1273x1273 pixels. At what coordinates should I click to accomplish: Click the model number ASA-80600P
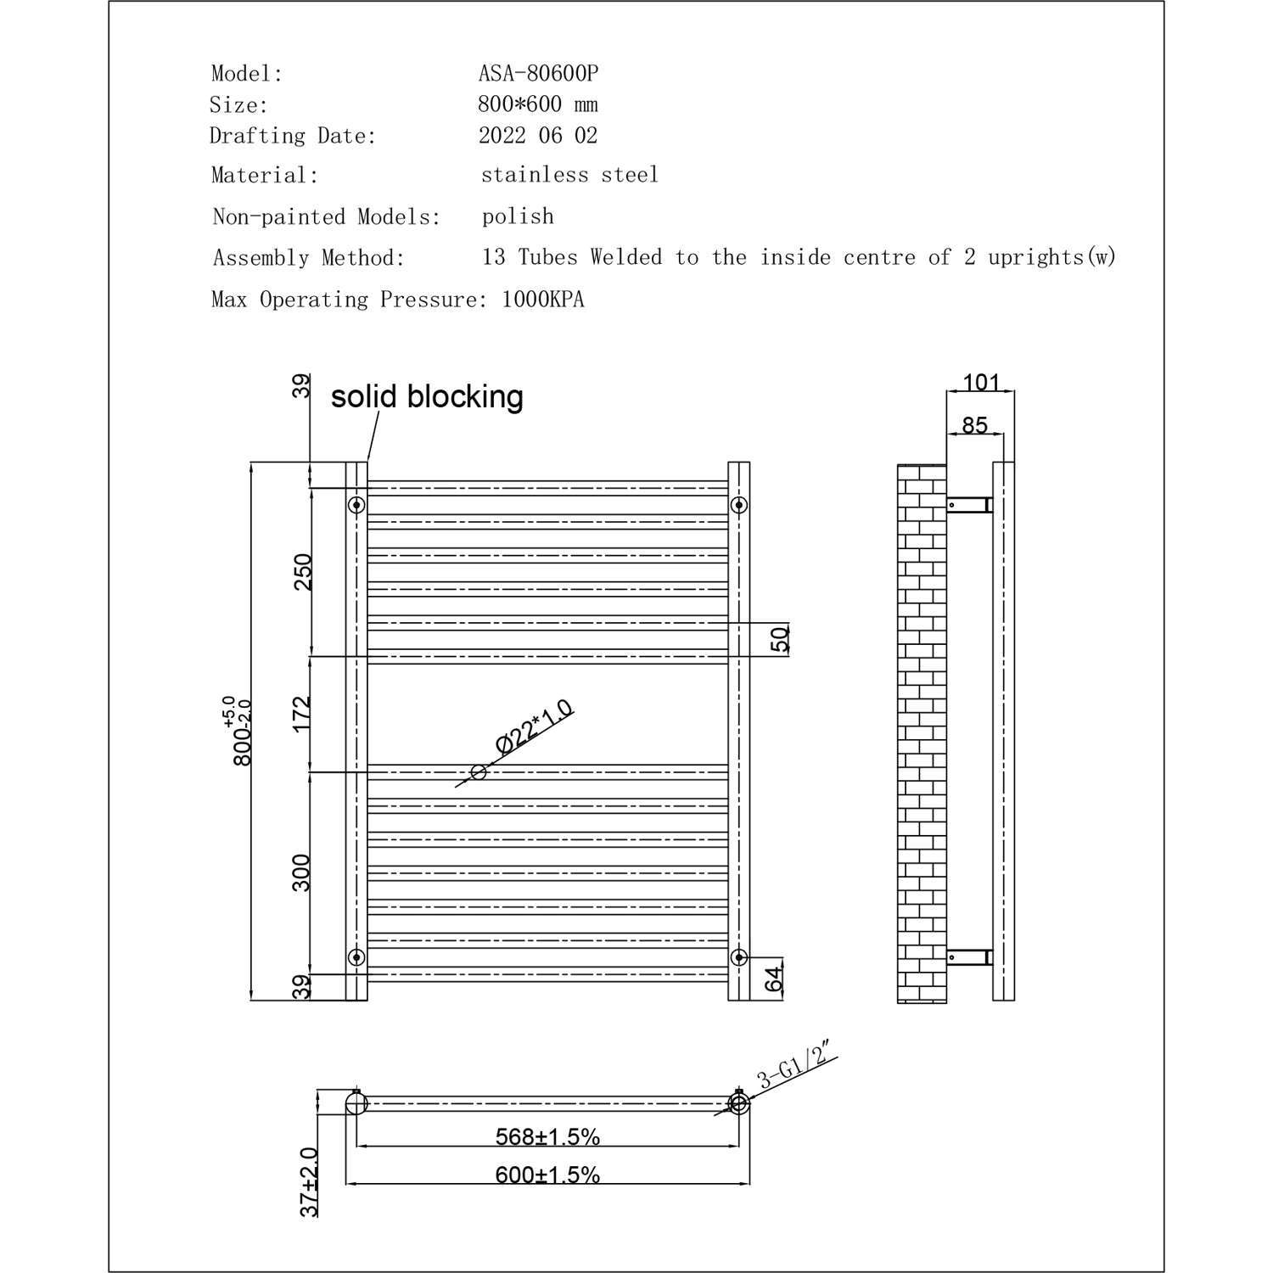coord(538,74)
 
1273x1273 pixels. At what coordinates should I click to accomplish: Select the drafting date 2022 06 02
coord(538,135)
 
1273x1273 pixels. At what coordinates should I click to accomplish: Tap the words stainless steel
coord(569,175)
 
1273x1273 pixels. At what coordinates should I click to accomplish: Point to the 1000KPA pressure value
coord(543,300)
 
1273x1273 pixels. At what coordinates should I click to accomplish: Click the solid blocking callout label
coord(427,396)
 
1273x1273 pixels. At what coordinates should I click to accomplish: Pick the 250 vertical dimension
coord(303,572)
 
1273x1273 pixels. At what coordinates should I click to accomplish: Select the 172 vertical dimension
coord(303,714)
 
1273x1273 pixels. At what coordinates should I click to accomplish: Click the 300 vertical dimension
coord(302,872)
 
